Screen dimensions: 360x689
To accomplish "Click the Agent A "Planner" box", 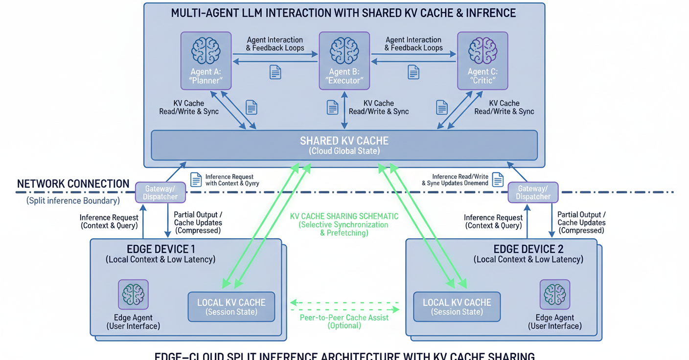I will coord(206,61).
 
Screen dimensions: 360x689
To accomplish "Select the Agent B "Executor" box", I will coord(344,61).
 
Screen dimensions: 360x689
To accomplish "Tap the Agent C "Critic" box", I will coord(482,61).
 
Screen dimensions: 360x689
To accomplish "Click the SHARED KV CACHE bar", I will coord(344,145).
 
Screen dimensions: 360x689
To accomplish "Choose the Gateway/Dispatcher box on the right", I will coord(533,192).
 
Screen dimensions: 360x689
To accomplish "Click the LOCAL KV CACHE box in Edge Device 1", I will coord(231,307).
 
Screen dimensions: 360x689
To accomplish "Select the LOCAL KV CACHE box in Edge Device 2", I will coord(457,307).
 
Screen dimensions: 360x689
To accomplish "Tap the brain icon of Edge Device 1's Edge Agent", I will coord(133,294).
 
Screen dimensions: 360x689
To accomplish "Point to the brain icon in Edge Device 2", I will coord(554,294).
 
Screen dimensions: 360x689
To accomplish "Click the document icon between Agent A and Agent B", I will coord(276,72).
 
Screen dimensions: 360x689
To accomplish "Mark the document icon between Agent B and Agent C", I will coord(413,72).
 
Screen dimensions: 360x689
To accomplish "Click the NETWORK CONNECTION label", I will coord(73,184).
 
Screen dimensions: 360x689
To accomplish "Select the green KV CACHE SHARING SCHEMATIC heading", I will coord(344,216).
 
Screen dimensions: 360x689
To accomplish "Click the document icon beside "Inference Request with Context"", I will coord(196,180).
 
